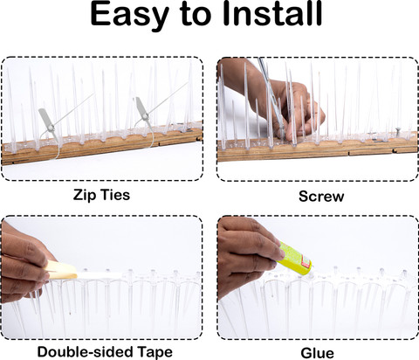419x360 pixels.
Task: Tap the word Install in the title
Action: tap(272, 13)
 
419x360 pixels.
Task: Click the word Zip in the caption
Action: tap(83, 195)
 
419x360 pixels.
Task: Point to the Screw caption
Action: tap(321, 197)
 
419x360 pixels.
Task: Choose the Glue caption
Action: tap(317, 353)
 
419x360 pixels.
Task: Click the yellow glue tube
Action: tap(294, 259)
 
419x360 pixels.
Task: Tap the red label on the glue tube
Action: tap(306, 261)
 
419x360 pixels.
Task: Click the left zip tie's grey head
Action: tap(46, 120)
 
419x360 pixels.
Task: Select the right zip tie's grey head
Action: tap(142, 108)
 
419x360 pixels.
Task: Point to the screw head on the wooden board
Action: tap(396, 128)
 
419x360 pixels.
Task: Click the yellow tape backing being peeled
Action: tap(62, 270)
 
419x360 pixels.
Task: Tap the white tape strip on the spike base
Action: tap(100, 275)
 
